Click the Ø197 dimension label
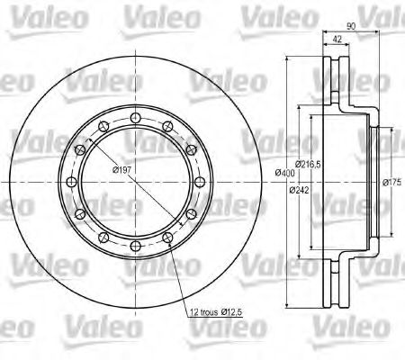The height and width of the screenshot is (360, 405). (x=121, y=170)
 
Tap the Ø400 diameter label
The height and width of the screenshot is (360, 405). (x=285, y=173)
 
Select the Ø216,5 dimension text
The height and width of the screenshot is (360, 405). (x=308, y=164)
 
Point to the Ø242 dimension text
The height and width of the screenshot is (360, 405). (x=299, y=190)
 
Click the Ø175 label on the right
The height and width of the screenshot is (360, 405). (x=391, y=182)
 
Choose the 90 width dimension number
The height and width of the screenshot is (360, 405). (x=351, y=26)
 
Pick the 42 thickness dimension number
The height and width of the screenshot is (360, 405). (x=337, y=39)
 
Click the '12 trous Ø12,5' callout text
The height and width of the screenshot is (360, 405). (x=216, y=312)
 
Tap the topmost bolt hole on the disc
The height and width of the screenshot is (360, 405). (x=136, y=117)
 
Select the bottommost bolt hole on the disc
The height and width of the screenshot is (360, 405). (x=136, y=247)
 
